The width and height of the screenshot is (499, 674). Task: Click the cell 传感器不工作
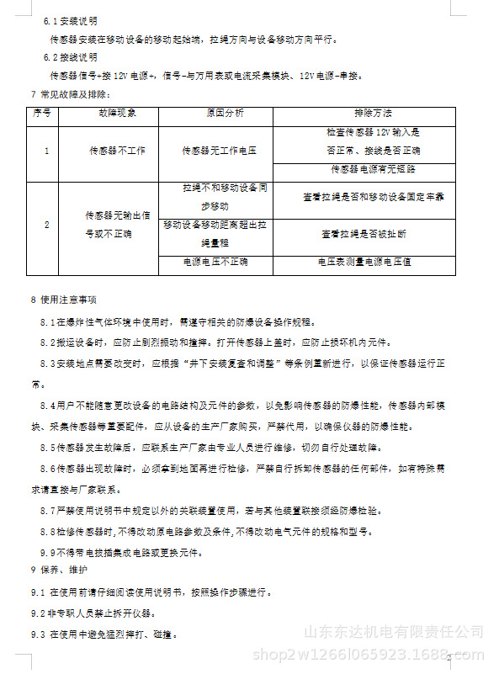[x=118, y=151]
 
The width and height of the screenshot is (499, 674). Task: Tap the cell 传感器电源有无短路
[x=373, y=168]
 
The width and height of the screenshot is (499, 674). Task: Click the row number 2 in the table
[x=46, y=225]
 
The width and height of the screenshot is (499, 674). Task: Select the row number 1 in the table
[x=46, y=151]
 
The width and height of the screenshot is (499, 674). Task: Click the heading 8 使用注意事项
[x=63, y=300]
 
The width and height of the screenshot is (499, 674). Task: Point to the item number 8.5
[x=48, y=447]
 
